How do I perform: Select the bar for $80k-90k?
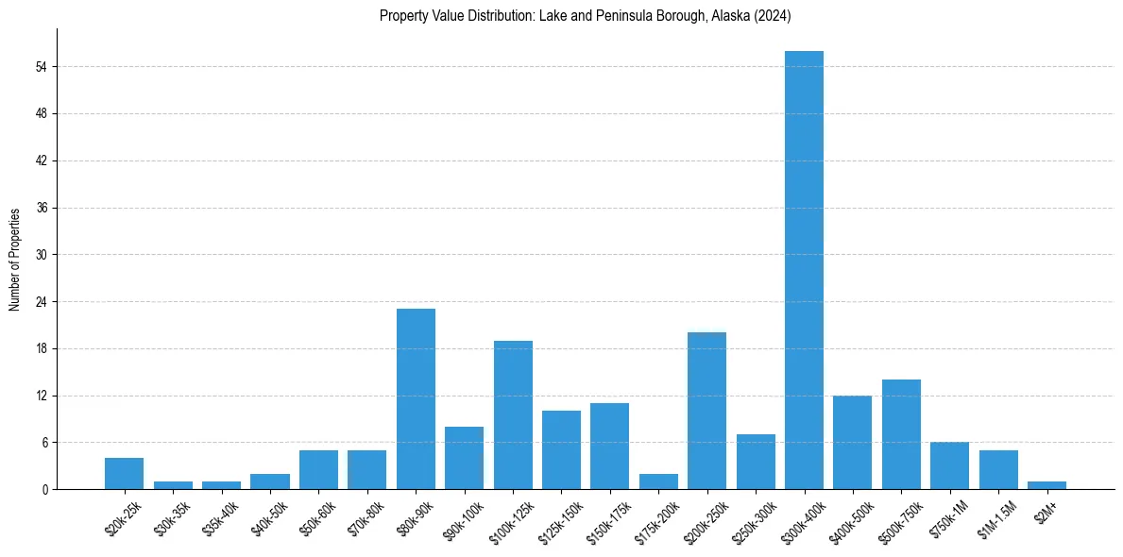pos(416,398)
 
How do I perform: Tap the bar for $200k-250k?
pos(706,411)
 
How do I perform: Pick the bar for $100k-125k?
pos(513,414)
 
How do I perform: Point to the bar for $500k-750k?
pos(901,434)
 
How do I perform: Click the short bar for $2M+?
pos(1046,485)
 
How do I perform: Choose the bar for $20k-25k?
pos(124,473)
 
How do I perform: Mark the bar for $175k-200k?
pos(658,481)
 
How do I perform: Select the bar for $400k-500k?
pos(852,442)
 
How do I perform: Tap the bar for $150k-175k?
pos(609,446)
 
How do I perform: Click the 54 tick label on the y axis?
pos(42,67)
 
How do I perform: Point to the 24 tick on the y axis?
pos(42,302)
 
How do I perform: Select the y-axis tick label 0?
pos(44,489)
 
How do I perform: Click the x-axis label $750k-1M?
pos(946,515)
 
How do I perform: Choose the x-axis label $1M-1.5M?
pos(995,516)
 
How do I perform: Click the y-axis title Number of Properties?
pos(15,259)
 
